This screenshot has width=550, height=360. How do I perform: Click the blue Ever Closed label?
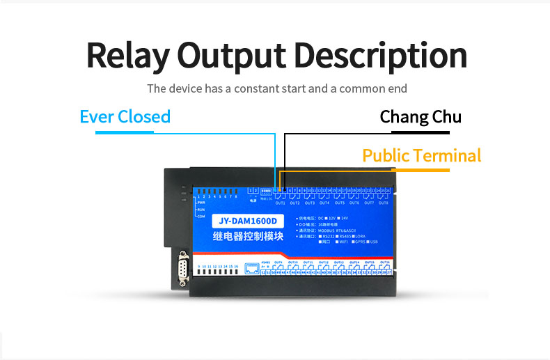click(125, 116)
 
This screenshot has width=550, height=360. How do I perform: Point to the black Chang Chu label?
click(421, 116)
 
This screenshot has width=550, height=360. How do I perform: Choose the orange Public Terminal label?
click(422, 155)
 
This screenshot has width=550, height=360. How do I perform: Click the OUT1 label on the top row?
click(281, 203)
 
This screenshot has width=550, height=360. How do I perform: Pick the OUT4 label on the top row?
click(324, 203)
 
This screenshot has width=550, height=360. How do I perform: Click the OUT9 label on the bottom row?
click(279, 262)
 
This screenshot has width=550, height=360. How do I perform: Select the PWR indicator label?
click(202, 203)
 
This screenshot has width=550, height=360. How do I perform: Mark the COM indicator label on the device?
click(202, 216)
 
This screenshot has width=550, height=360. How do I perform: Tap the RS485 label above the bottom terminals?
click(265, 262)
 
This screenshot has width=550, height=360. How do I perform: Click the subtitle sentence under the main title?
click(276, 89)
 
